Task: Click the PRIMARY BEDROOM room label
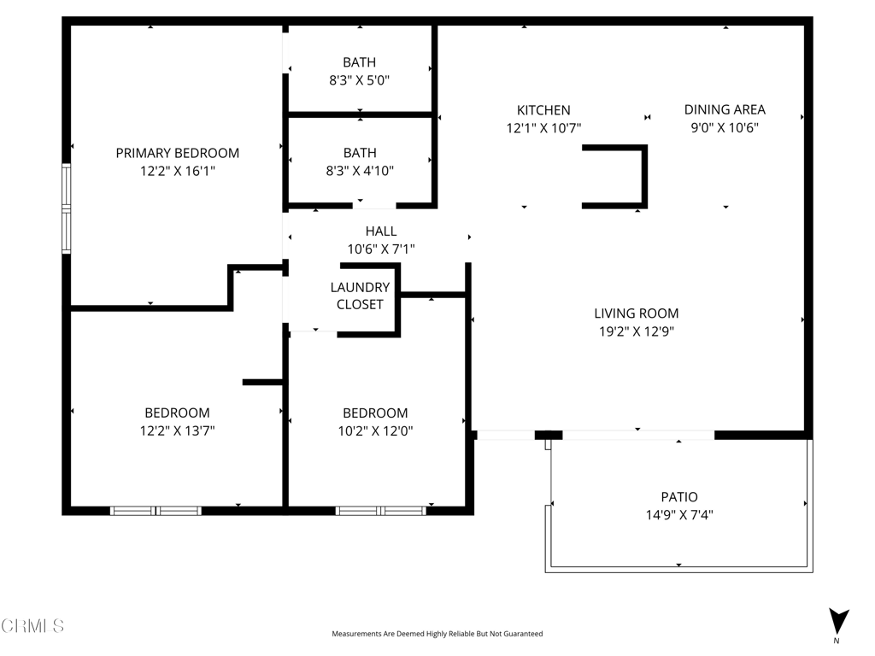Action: coord(178,153)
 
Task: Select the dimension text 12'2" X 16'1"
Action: coord(178,171)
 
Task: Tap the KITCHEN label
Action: coord(543,110)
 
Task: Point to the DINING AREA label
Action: coord(725,109)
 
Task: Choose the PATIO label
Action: coord(679,497)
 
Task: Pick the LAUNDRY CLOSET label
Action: coord(360,296)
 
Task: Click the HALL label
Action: coord(381,231)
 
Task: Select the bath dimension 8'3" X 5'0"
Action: coord(360,79)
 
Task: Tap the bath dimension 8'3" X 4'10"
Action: coord(360,170)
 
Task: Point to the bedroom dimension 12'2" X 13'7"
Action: coord(177,431)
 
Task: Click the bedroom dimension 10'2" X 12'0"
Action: coord(375,431)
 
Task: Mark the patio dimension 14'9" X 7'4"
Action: coord(679,515)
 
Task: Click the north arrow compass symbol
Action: coord(838,622)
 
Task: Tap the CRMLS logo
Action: coord(32,626)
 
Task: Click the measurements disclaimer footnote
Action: coord(437,634)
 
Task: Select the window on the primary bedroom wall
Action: coord(66,209)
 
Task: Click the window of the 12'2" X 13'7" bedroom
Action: coord(156,511)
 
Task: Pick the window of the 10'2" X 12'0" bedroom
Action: coord(380,511)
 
